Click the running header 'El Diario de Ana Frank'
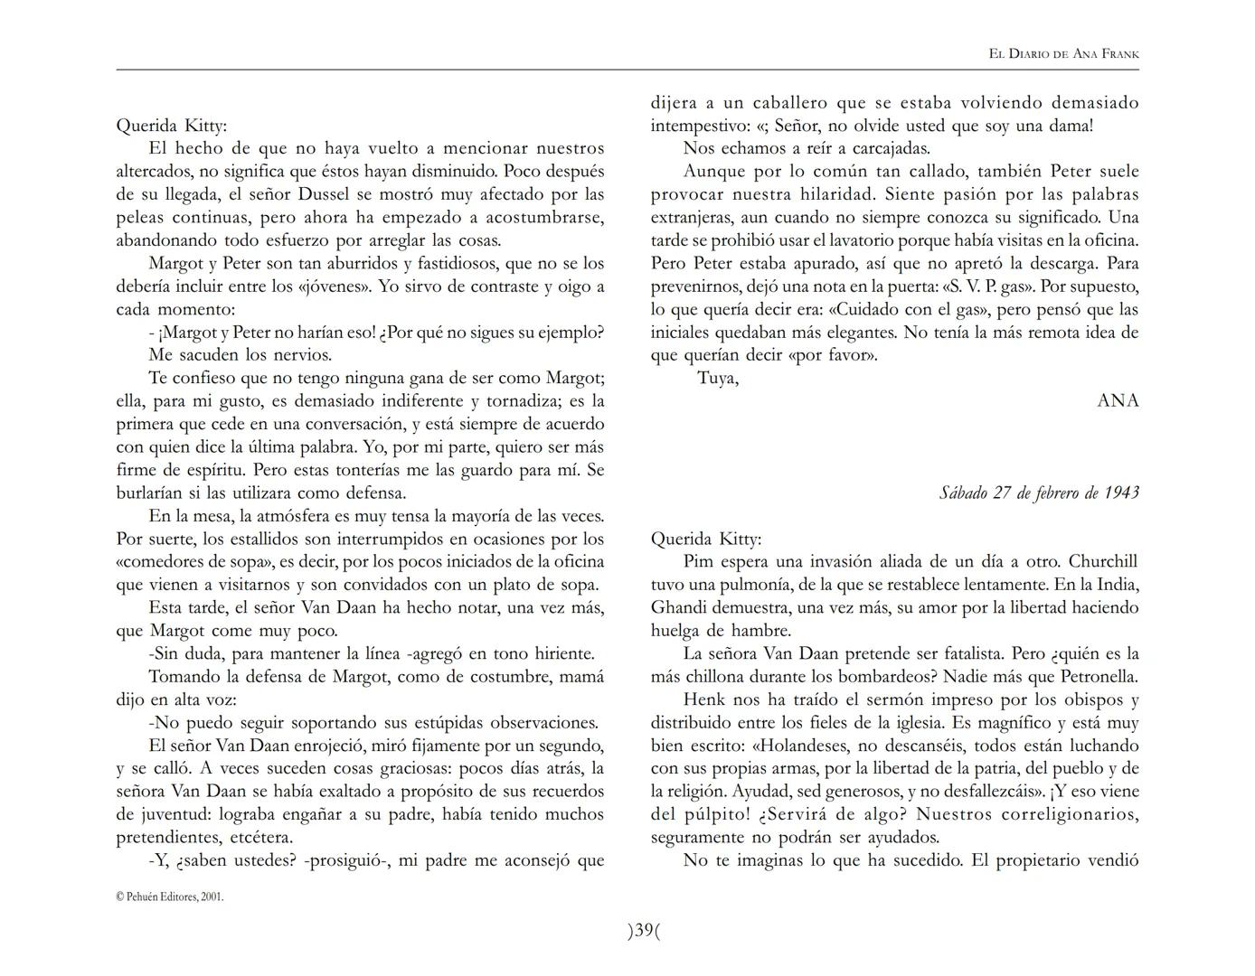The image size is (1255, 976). pos(1063,54)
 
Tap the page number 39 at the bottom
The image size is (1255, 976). pos(644,931)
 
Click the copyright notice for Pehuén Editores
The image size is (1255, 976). pos(170,897)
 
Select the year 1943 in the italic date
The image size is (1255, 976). pos(1121,493)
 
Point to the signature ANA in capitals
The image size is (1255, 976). pos(1118,400)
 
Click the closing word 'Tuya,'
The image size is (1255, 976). pos(718,378)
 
